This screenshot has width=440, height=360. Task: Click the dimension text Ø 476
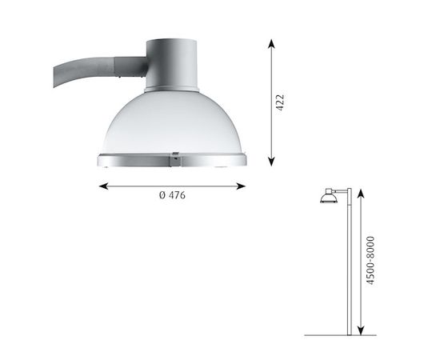pos(171,196)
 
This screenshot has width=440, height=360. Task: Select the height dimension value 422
pos(279,102)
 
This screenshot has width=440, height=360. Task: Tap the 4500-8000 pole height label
pos(370,261)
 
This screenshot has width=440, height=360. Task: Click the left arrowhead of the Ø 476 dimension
pos(102,186)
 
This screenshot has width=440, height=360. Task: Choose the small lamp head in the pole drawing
pos(328,197)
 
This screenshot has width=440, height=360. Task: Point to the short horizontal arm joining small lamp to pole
pos(340,190)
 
